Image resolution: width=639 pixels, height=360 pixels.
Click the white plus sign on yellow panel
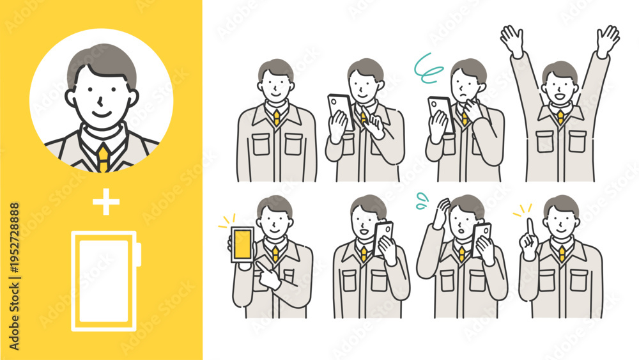tap(106, 201)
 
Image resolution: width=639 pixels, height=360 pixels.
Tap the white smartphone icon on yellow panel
tap(106, 281)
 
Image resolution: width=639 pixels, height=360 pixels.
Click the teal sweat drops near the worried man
tap(422, 201)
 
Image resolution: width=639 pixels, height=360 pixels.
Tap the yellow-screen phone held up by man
tap(242, 245)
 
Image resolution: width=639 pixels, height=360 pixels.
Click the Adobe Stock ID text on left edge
tap(14, 276)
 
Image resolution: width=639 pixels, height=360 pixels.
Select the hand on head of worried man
tap(442, 213)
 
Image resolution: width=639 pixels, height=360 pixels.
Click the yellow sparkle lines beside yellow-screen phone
tap(227, 221)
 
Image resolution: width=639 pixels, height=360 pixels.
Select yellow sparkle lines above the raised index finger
tap(523, 210)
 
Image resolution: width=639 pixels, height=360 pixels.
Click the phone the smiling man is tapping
tap(341, 113)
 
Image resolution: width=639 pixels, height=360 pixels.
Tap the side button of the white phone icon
tap(139, 254)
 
